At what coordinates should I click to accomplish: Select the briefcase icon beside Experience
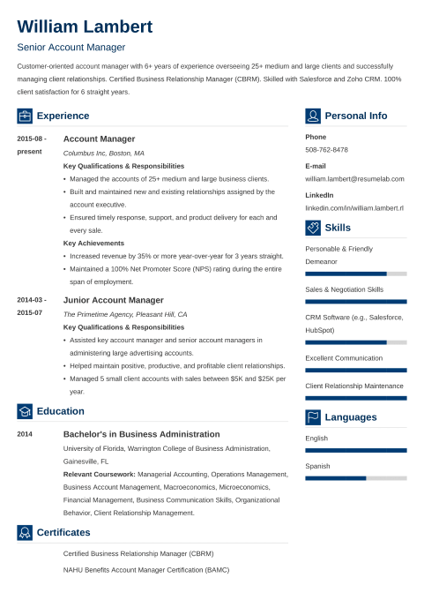pos(25,116)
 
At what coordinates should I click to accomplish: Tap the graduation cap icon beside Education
pos(25,411)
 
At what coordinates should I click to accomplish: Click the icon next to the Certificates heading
pos(25,532)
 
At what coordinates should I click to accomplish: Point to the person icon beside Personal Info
pos(313,116)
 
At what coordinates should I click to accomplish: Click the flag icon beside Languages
pos(313,417)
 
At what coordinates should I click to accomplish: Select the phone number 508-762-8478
pos(326,150)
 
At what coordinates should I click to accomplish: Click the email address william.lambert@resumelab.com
pos(354,178)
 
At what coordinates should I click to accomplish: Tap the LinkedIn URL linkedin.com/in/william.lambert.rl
pos(353,207)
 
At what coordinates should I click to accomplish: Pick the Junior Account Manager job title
pos(113,300)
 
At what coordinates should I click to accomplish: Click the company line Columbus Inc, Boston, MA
pos(103,153)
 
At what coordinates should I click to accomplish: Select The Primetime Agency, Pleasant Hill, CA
pos(125,314)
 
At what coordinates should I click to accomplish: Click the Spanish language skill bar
pos(355,478)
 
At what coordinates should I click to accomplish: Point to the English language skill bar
pos(355,450)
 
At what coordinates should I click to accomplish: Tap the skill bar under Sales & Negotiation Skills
pos(355,302)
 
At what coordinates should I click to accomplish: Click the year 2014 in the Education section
pos(25,435)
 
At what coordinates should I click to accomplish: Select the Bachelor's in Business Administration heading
pos(142,434)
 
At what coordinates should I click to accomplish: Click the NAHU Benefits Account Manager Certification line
pos(145,569)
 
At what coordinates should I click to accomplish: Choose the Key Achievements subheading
pos(93,243)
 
